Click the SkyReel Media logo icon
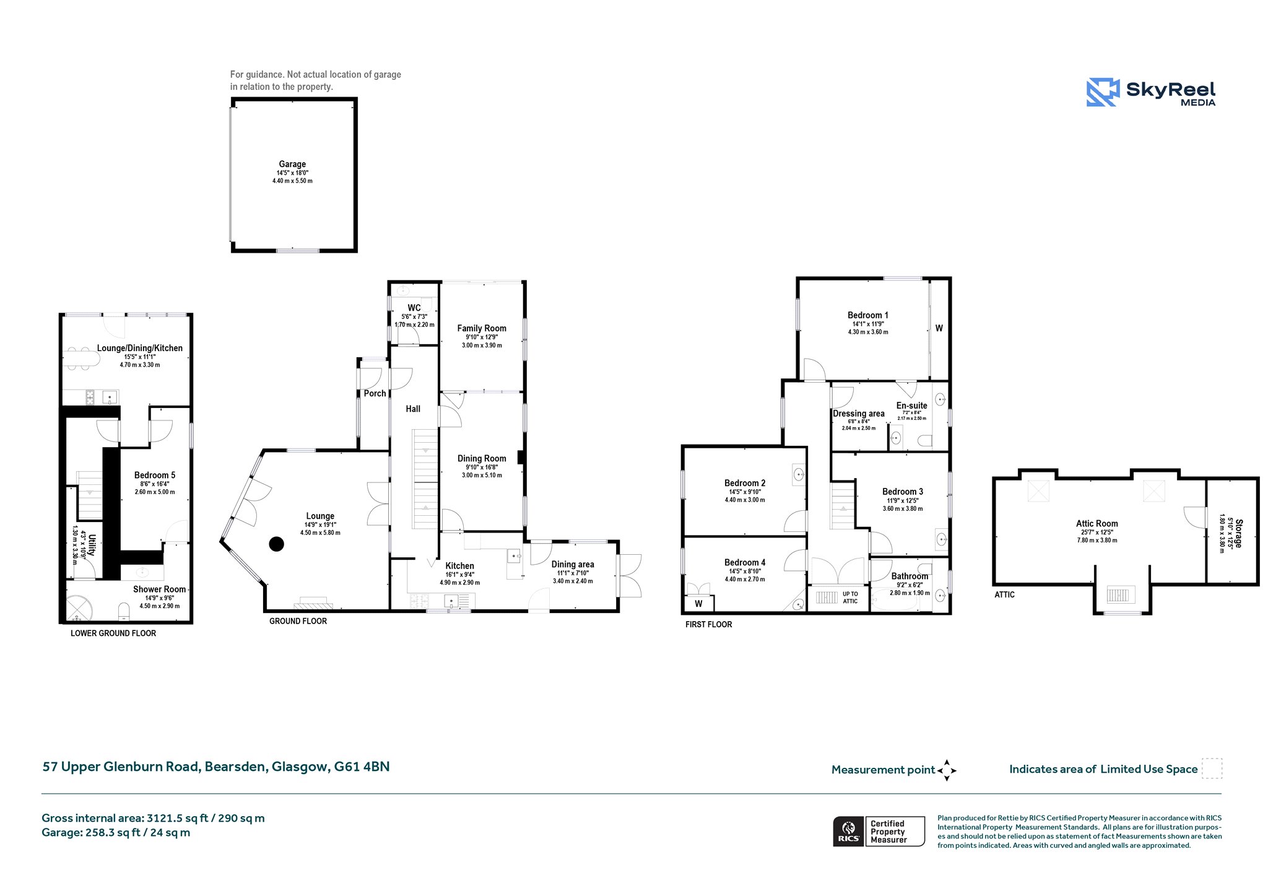tap(1103, 92)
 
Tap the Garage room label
tap(292, 164)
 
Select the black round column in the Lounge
tap(277, 544)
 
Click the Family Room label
tap(482, 328)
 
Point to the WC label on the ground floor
tap(414, 308)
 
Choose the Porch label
tap(375, 393)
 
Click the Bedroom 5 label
tap(155, 475)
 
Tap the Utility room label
tap(92, 546)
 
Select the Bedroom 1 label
tap(868, 315)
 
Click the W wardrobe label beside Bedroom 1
tap(939, 328)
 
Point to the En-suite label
tap(912, 406)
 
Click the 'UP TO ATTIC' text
tap(850, 598)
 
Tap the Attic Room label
tap(1097, 523)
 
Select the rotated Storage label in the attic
tap(1238, 533)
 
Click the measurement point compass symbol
tap(947, 770)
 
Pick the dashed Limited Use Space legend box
tap(1212, 768)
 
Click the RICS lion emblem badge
tap(848, 831)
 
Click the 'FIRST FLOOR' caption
tap(708, 624)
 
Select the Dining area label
tap(573, 564)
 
